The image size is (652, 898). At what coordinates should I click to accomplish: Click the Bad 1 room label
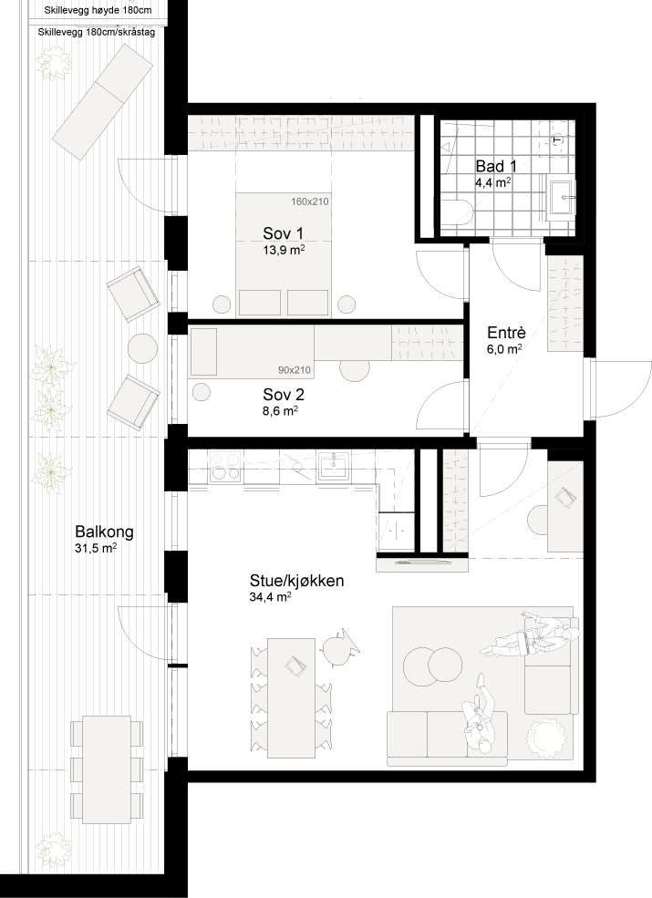496,167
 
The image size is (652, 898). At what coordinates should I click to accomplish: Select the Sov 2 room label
283,395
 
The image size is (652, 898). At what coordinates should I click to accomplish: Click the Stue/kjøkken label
296,580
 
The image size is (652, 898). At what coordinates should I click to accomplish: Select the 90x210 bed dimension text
294,370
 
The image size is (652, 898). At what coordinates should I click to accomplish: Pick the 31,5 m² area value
96,550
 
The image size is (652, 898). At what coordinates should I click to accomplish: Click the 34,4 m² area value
270,598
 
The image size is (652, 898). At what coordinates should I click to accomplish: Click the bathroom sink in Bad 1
565,195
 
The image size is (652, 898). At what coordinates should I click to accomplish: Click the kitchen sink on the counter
336,467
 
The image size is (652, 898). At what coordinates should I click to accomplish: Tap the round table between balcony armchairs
142,347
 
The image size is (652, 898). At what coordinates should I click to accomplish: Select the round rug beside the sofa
547,735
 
